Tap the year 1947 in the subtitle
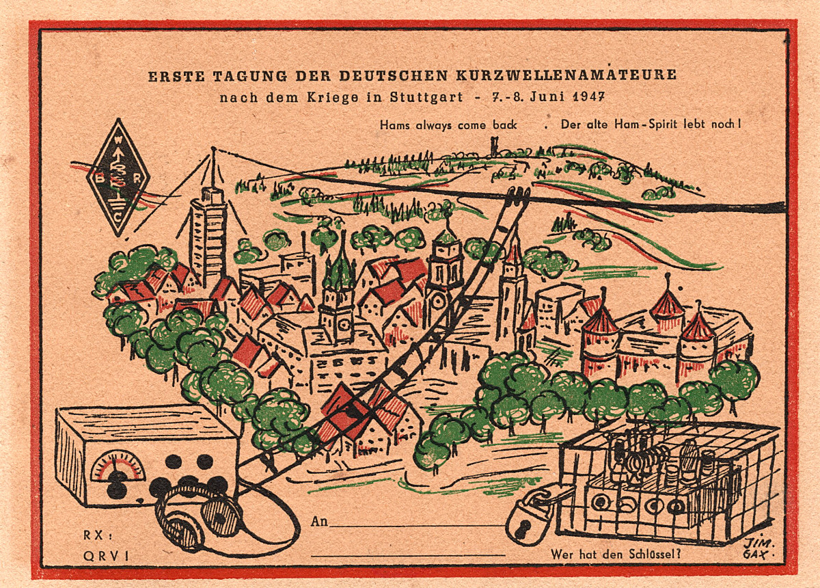[x=585, y=97]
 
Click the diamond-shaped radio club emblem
[x=118, y=177]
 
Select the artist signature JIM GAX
[x=754, y=548]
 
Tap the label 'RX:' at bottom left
[x=95, y=535]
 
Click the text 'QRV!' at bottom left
[x=105, y=556]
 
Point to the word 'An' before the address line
[x=318, y=522]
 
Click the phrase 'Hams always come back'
[x=448, y=125]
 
